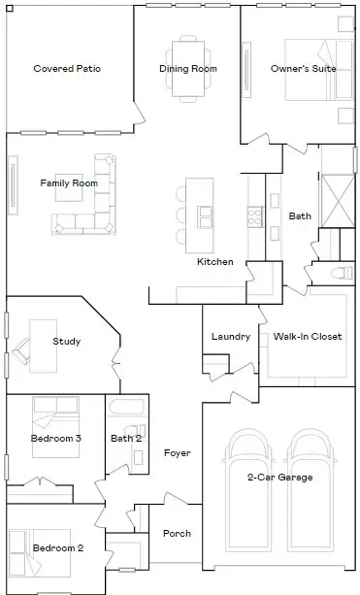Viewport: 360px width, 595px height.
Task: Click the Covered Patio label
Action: [67, 69]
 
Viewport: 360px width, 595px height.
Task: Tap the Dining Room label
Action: [188, 69]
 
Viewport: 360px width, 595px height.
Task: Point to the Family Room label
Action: [69, 182]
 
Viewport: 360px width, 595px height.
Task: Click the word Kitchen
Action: [215, 262]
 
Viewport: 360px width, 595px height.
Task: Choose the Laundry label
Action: [231, 337]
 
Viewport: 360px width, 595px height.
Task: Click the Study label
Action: [67, 342]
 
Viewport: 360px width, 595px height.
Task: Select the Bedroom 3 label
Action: [56, 439]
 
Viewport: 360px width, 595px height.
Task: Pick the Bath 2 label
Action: [126, 439]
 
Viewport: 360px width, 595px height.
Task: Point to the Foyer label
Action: [177, 453]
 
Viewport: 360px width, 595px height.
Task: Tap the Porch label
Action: [177, 534]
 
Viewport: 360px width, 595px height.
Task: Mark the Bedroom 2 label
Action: [58, 548]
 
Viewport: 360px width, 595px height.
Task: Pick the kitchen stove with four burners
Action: [255, 215]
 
